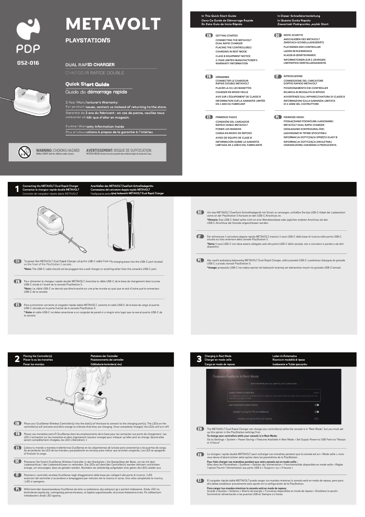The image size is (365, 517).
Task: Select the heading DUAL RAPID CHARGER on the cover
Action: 90,65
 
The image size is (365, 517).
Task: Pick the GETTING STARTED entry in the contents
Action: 226,35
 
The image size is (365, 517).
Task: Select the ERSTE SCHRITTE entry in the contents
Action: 293,35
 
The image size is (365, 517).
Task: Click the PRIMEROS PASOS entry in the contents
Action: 228,117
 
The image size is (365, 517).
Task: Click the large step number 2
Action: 17,359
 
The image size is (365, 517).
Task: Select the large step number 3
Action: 198,359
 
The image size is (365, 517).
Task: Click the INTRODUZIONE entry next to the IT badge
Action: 293,76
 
